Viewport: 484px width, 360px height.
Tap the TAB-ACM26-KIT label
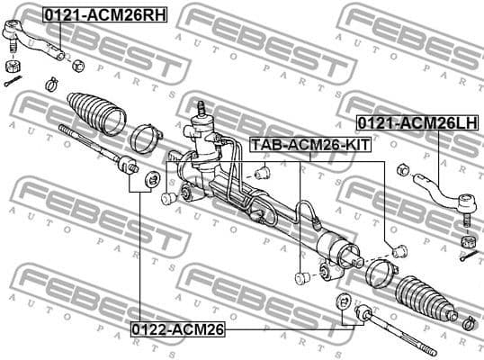(309, 143)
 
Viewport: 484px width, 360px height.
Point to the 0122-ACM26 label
(176, 329)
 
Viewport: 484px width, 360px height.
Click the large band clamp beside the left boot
(145, 139)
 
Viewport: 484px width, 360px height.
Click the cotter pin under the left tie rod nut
(11, 83)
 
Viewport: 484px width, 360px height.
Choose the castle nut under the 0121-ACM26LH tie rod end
(466, 241)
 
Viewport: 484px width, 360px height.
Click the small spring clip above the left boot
(51, 85)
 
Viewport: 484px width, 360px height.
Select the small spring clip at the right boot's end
(467, 319)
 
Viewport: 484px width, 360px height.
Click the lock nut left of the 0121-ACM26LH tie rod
(403, 168)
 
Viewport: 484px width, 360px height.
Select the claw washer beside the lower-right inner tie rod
(342, 302)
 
